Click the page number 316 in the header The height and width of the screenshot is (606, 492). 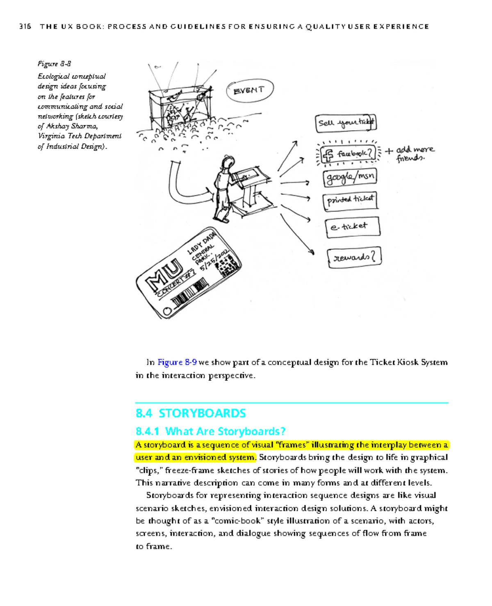click(25, 27)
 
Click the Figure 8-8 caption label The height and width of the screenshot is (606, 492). click(54, 64)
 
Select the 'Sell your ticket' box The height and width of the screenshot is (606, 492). click(346, 123)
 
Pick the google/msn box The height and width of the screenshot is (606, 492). click(349, 177)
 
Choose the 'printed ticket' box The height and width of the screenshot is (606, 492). click(350, 200)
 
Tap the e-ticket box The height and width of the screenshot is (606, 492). click(353, 226)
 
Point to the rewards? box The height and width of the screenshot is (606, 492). click(354, 258)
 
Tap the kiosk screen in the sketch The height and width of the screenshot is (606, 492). click(248, 175)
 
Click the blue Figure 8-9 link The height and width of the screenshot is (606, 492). click(177, 362)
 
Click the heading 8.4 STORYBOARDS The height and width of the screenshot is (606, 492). click(191, 413)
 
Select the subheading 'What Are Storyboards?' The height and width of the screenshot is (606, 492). click(225, 431)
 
